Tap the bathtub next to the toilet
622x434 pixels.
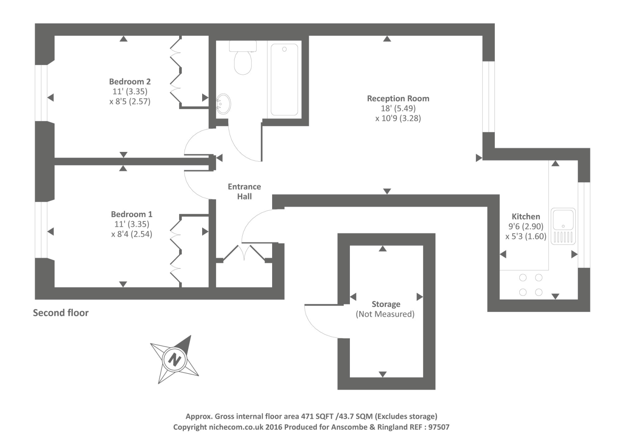tap(284, 79)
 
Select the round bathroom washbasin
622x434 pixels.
tap(223, 104)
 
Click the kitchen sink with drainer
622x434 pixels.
tap(563, 227)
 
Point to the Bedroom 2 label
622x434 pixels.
tap(130, 82)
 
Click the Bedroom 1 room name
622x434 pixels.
tap(131, 214)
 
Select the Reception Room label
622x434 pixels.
tap(398, 99)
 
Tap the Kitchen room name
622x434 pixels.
tap(526, 216)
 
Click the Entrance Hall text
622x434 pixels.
tap(244, 192)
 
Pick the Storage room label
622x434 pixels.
tap(386, 304)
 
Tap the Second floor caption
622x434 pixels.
tap(61, 313)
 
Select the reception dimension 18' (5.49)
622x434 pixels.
tap(398, 109)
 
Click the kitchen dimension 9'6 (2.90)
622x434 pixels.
tap(526, 227)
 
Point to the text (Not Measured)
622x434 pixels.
tap(385, 314)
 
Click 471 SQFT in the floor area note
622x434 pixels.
tap(317, 417)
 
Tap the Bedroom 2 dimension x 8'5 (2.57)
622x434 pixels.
tap(130, 102)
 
